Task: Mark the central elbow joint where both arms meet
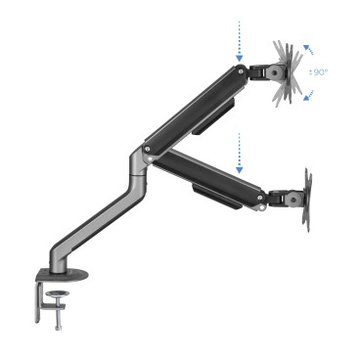point(145,152)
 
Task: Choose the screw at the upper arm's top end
point(240,70)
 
